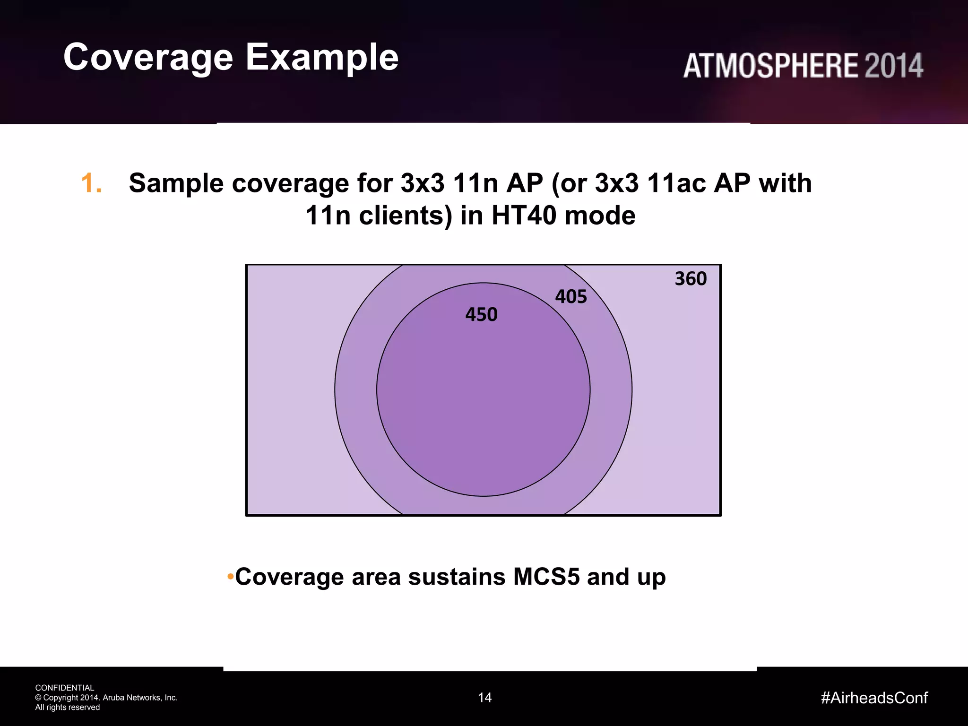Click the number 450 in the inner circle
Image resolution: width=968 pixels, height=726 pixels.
(x=481, y=315)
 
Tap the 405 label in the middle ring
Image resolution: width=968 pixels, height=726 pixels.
(x=570, y=297)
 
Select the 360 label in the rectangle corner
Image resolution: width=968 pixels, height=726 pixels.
(x=690, y=279)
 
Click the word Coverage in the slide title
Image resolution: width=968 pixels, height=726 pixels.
(x=148, y=58)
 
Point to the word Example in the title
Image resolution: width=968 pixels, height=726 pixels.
(x=322, y=58)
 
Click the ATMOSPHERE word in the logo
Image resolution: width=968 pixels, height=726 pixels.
(x=770, y=66)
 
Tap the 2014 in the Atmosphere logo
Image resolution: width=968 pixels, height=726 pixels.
(x=893, y=66)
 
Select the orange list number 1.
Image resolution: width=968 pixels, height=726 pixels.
(x=91, y=183)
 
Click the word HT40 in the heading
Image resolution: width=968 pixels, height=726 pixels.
(x=524, y=216)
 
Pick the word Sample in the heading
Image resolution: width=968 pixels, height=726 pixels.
(x=176, y=183)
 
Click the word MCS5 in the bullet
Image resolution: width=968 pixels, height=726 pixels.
(x=546, y=577)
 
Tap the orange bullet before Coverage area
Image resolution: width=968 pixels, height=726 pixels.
(x=230, y=577)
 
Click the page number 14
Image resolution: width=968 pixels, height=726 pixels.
(x=484, y=698)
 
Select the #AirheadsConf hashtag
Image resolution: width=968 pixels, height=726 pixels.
(x=874, y=698)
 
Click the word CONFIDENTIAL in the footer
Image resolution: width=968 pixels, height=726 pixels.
(x=65, y=688)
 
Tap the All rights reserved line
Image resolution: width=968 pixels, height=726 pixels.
(x=68, y=708)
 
